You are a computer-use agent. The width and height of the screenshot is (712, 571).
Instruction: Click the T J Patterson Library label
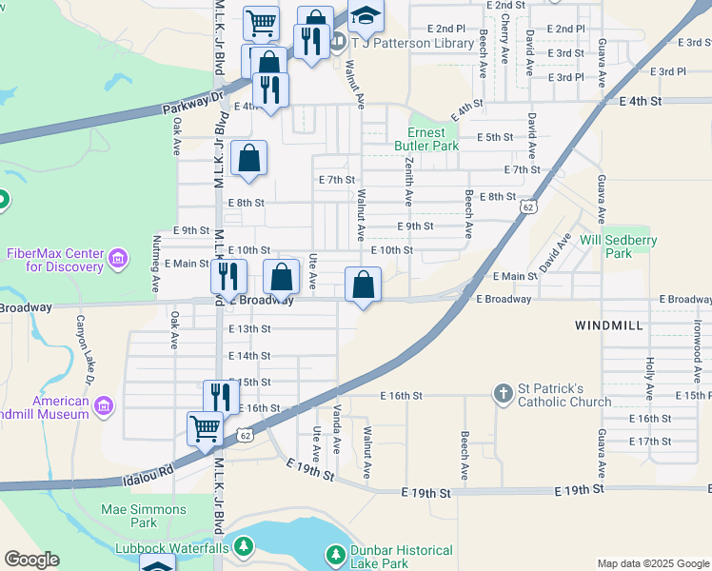click(412, 43)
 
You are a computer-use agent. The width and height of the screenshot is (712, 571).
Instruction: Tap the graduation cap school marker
click(364, 16)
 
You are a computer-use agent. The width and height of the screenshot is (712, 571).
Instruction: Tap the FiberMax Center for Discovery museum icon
click(118, 259)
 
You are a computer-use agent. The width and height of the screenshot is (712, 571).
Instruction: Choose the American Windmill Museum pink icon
click(104, 407)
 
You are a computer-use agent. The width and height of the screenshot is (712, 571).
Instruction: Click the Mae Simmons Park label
click(144, 516)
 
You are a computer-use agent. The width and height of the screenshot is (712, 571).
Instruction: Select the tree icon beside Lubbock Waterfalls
click(245, 547)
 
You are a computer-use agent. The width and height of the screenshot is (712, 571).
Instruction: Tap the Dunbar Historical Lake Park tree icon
click(335, 554)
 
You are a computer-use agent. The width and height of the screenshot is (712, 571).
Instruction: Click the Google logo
click(31, 560)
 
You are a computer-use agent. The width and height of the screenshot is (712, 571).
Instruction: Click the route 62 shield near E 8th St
click(526, 207)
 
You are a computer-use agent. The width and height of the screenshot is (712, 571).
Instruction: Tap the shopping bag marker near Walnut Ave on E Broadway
click(364, 284)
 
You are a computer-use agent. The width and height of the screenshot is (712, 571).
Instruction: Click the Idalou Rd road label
click(149, 470)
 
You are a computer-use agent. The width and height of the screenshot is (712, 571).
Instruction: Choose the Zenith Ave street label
click(408, 184)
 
